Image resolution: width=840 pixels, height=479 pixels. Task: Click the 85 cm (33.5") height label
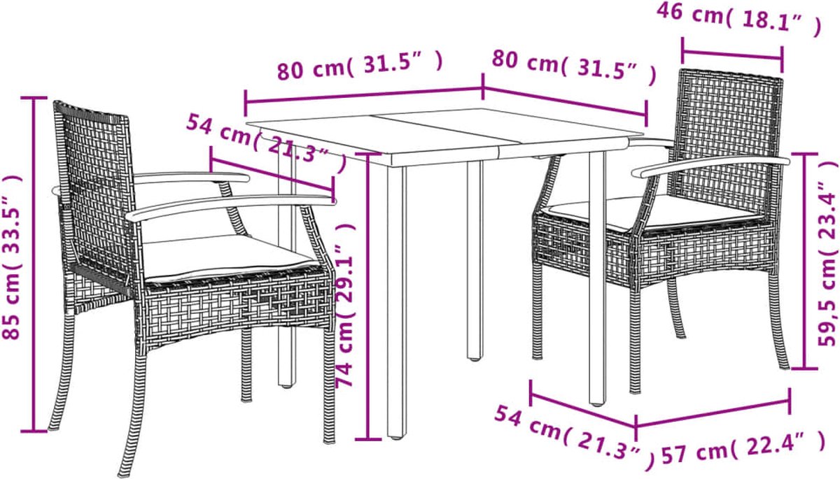pos(12,257)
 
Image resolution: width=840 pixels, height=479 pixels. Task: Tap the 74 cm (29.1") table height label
pos(345,305)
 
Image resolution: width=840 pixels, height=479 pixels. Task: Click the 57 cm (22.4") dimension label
pos(743,452)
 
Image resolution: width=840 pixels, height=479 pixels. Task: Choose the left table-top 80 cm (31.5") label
pos(360,66)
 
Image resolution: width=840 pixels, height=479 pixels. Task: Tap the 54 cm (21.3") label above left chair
pos(266,144)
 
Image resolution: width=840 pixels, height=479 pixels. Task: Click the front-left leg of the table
pos(396,301)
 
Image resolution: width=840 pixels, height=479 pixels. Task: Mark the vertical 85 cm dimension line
pos(34,264)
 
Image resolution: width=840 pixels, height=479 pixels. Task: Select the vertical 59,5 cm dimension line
pos(805,261)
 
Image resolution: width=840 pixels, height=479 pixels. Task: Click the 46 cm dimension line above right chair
pos(732,55)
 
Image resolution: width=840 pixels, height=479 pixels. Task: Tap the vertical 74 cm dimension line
pos(368,296)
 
